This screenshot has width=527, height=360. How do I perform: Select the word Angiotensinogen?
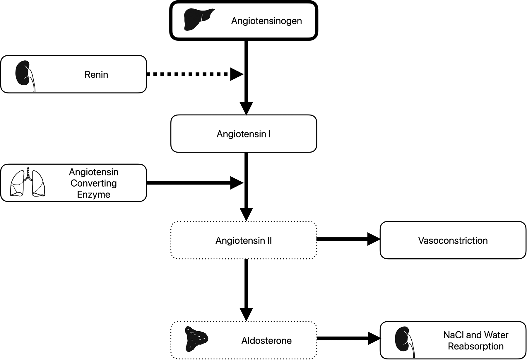pyautogui.click(x=266, y=21)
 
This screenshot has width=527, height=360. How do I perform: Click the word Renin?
pyautogui.click(x=96, y=75)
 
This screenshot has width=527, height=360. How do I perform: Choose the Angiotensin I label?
pyautogui.click(x=244, y=134)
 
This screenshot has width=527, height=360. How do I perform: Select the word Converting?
pyautogui.click(x=94, y=183)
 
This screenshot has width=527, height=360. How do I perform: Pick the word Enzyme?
pyautogui.click(x=94, y=194)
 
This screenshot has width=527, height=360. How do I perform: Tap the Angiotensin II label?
pyautogui.click(x=244, y=241)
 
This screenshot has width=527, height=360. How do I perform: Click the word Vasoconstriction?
pyautogui.click(x=453, y=241)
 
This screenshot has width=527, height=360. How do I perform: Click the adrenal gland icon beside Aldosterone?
pyautogui.click(x=195, y=339)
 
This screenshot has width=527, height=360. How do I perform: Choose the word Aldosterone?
pyautogui.click(x=266, y=341)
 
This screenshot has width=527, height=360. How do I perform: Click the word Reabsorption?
pyautogui.click(x=476, y=347)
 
